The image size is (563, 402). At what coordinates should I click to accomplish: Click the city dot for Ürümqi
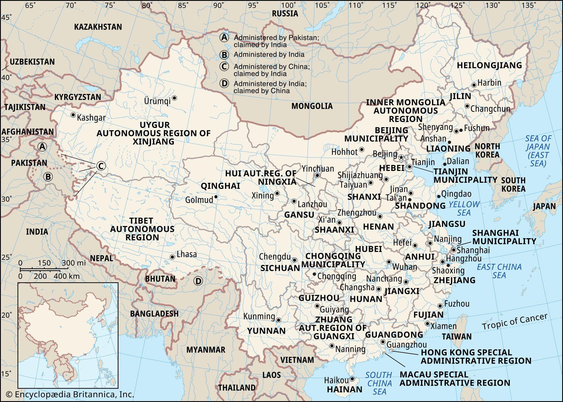click(175, 98)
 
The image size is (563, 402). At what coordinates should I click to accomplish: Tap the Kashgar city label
click(91, 118)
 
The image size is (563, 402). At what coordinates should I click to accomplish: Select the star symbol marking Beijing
click(401, 158)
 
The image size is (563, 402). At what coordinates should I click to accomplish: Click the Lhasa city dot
click(172, 257)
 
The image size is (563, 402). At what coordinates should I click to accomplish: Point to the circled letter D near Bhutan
click(198, 281)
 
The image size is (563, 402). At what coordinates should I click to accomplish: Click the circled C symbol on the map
click(101, 166)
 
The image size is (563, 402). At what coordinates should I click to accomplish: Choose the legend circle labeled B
click(224, 55)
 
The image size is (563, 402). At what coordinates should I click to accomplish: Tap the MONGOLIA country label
click(312, 106)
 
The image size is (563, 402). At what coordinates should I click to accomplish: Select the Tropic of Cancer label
click(515, 322)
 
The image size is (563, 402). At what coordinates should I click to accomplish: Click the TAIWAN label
click(456, 336)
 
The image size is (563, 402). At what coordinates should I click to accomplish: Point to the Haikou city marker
click(352, 380)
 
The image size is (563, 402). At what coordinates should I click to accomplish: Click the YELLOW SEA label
click(464, 208)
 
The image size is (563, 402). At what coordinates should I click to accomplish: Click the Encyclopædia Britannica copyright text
click(70, 394)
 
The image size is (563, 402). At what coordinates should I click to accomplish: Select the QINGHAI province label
click(220, 186)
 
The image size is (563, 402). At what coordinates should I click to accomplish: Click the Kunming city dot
click(278, 320)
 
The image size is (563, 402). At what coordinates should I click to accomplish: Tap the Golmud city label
click(199, 200)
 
